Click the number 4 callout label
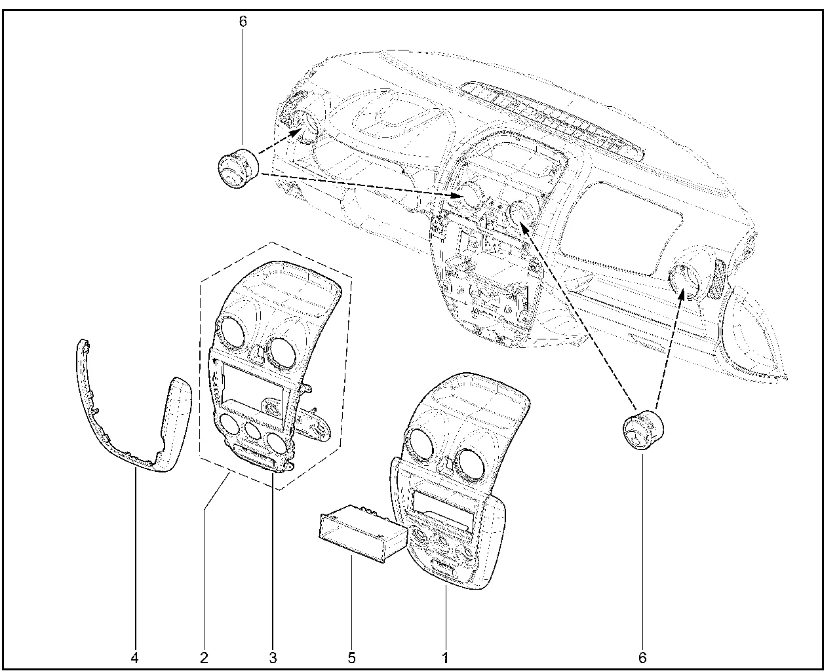tap(134, 658)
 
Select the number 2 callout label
tap(204, 658)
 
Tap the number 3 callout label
tap(273, 658)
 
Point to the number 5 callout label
tap(352, 658)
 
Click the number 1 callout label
tap(445, 658)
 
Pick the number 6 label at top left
tap(243, 22)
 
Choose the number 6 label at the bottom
tap(642, 658)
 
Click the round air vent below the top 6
tap(238, 168)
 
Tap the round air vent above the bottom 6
tap(643, 430)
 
